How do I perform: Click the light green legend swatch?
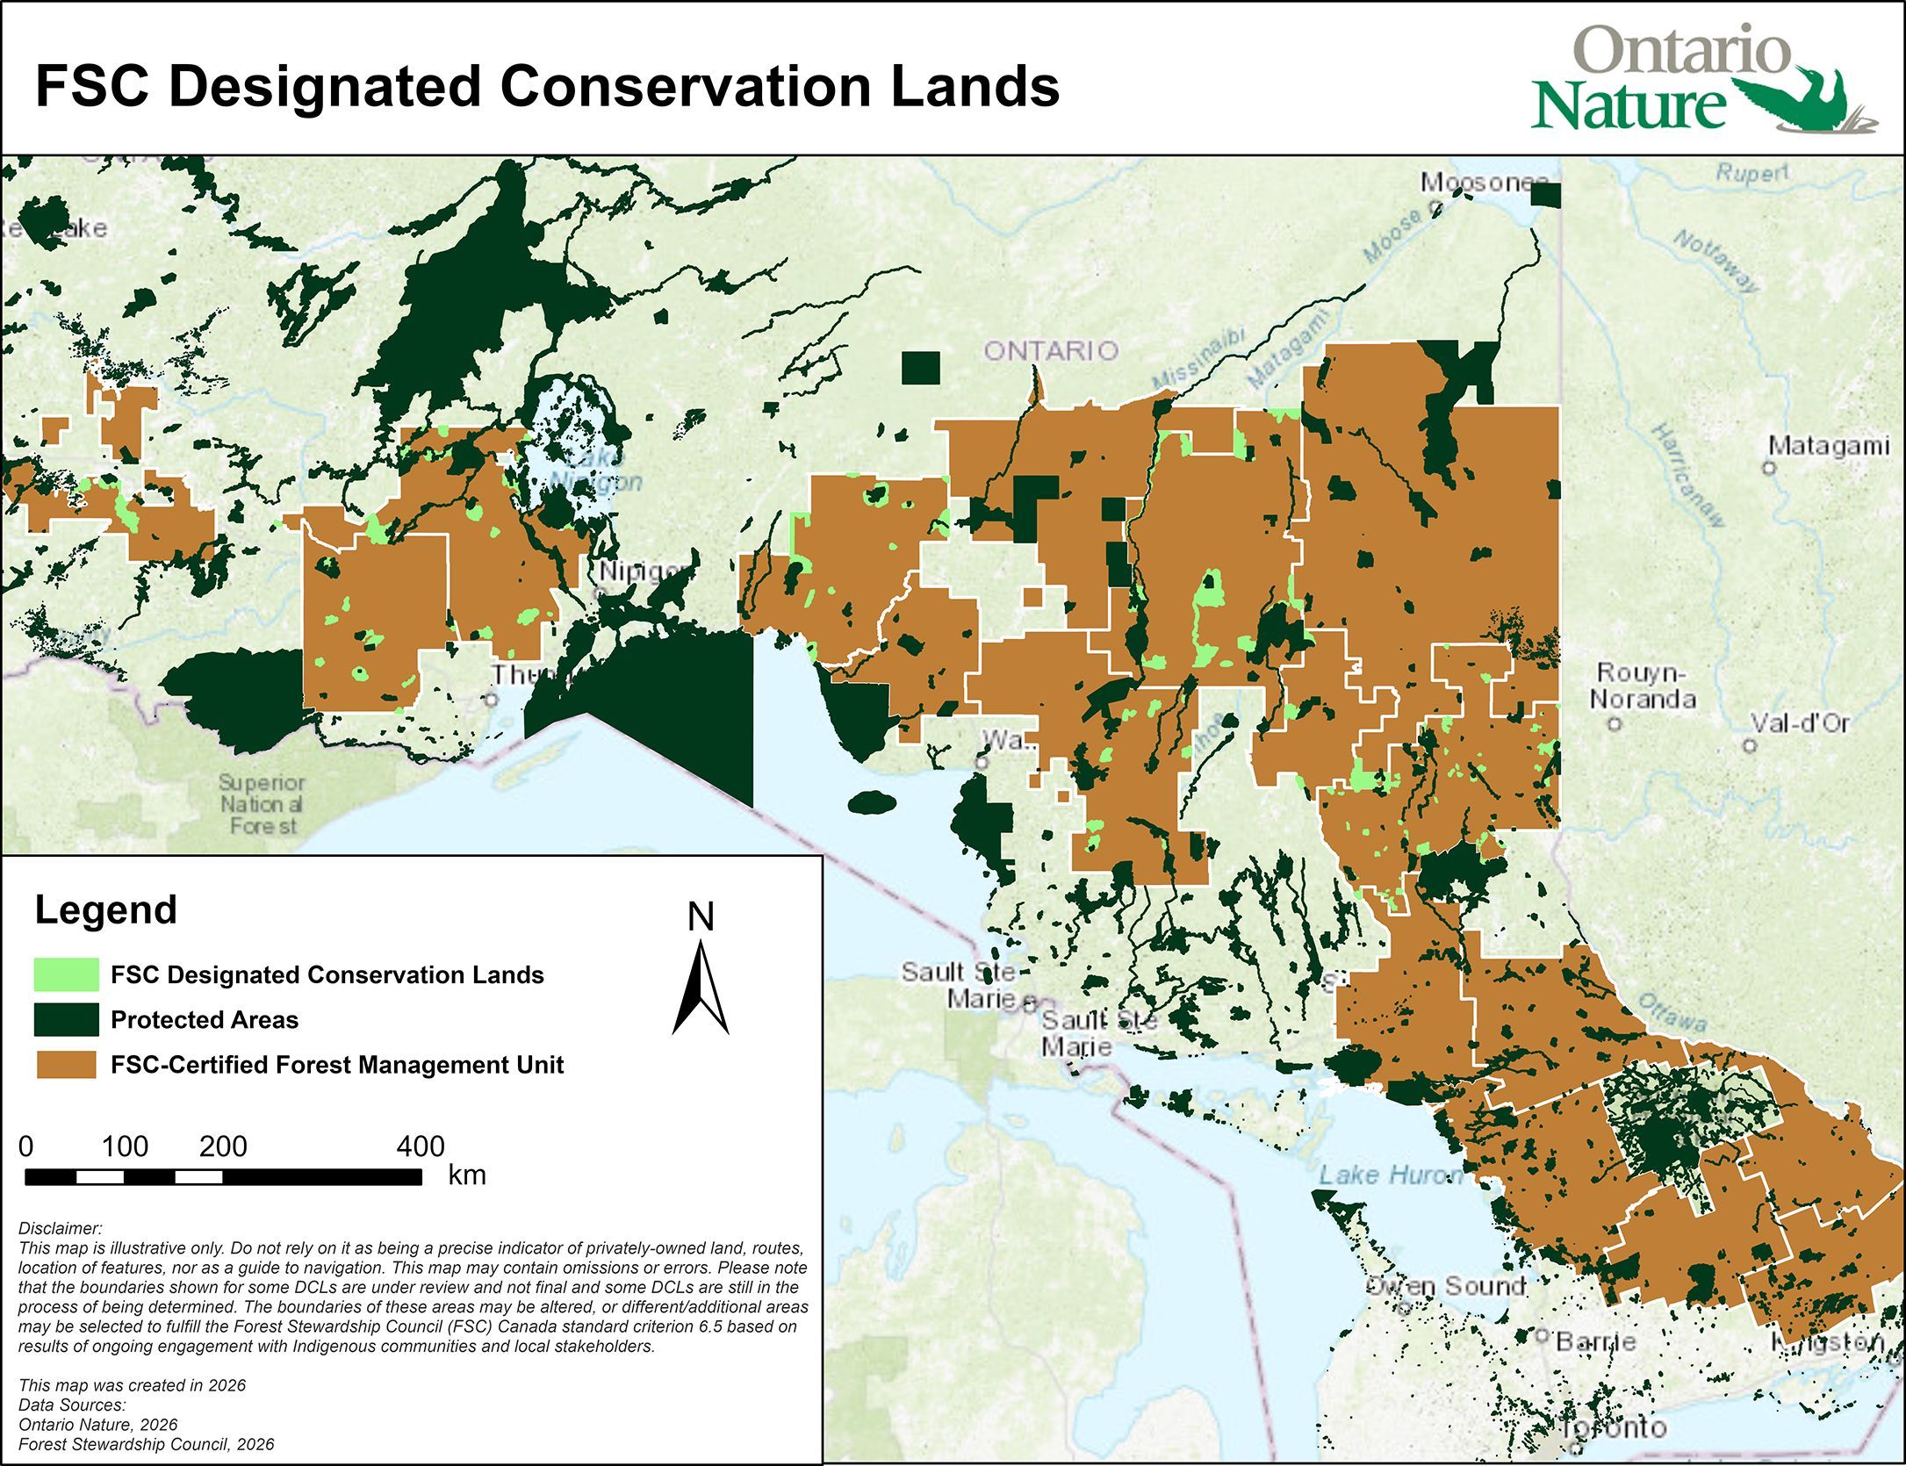click(66, 974)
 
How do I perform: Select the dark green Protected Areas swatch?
click(66, 1019)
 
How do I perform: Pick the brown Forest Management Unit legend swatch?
click(66, 1065)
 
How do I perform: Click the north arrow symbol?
click(700, 987)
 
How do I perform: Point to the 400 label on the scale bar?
click(421, 1146)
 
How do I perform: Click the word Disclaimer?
click(60, 1228)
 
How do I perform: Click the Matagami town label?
click(1828, 446)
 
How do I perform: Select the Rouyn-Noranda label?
click(1643, 686)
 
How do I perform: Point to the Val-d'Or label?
click(1800, 723)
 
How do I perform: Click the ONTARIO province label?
click(1051, 351)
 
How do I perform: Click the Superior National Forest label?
click(262, 804)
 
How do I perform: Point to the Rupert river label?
click(1751, 173)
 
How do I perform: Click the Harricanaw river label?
click(1688, 475)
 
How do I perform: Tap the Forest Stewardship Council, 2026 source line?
click(146, 1444)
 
